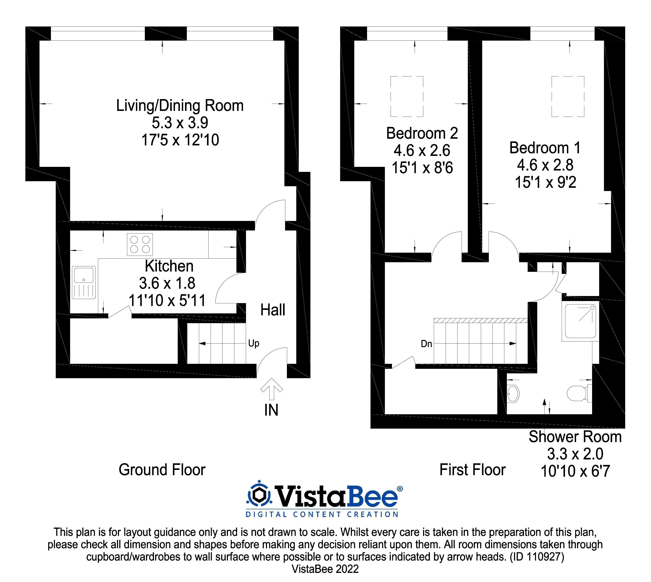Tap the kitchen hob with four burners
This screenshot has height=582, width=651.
click(140, 245)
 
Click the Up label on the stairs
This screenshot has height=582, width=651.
click(254, 343)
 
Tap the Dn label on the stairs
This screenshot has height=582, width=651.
click(426, 344)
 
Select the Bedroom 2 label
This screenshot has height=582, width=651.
click(422, 133)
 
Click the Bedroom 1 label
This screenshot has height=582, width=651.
click(545, 148)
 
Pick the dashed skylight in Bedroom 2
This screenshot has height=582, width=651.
click(407, 96)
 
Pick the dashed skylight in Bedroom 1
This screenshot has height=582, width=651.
click(568, 96)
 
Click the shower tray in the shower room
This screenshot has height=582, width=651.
click(580, 321)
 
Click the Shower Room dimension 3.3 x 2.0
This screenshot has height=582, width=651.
click(575, 454)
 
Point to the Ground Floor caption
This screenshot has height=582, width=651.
click(162, 470)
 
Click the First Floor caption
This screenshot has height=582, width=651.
click(472, 470)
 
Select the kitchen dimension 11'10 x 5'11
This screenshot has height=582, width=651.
click(167, 301)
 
